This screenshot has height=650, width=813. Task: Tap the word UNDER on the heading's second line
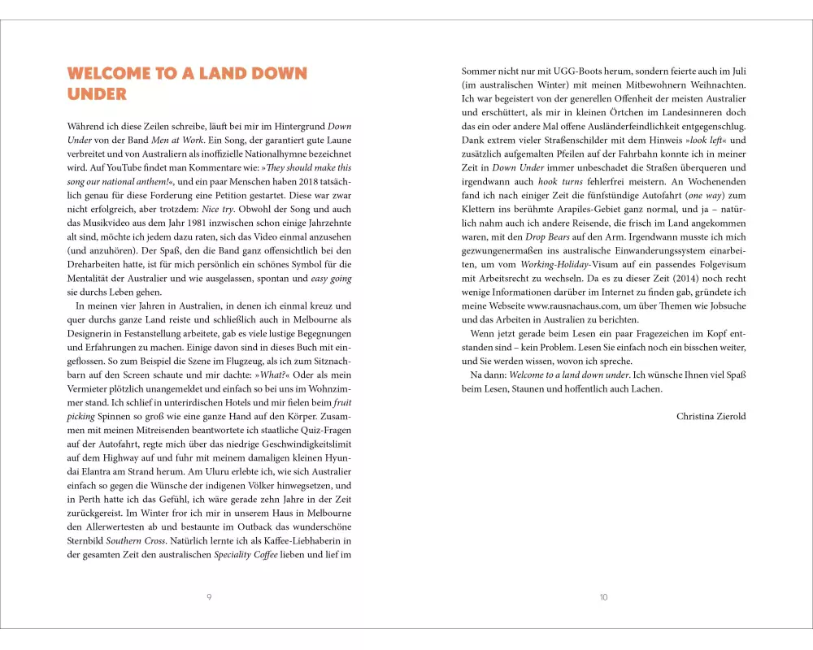point(97,94)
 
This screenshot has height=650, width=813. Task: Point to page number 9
point(209,597)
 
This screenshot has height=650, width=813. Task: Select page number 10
point(603,597)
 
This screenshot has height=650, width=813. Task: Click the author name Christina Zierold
point(711,417)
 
